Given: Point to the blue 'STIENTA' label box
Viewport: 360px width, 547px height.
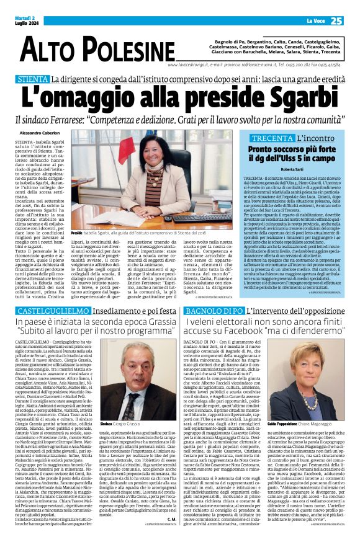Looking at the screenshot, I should click(x=34, y=79).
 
